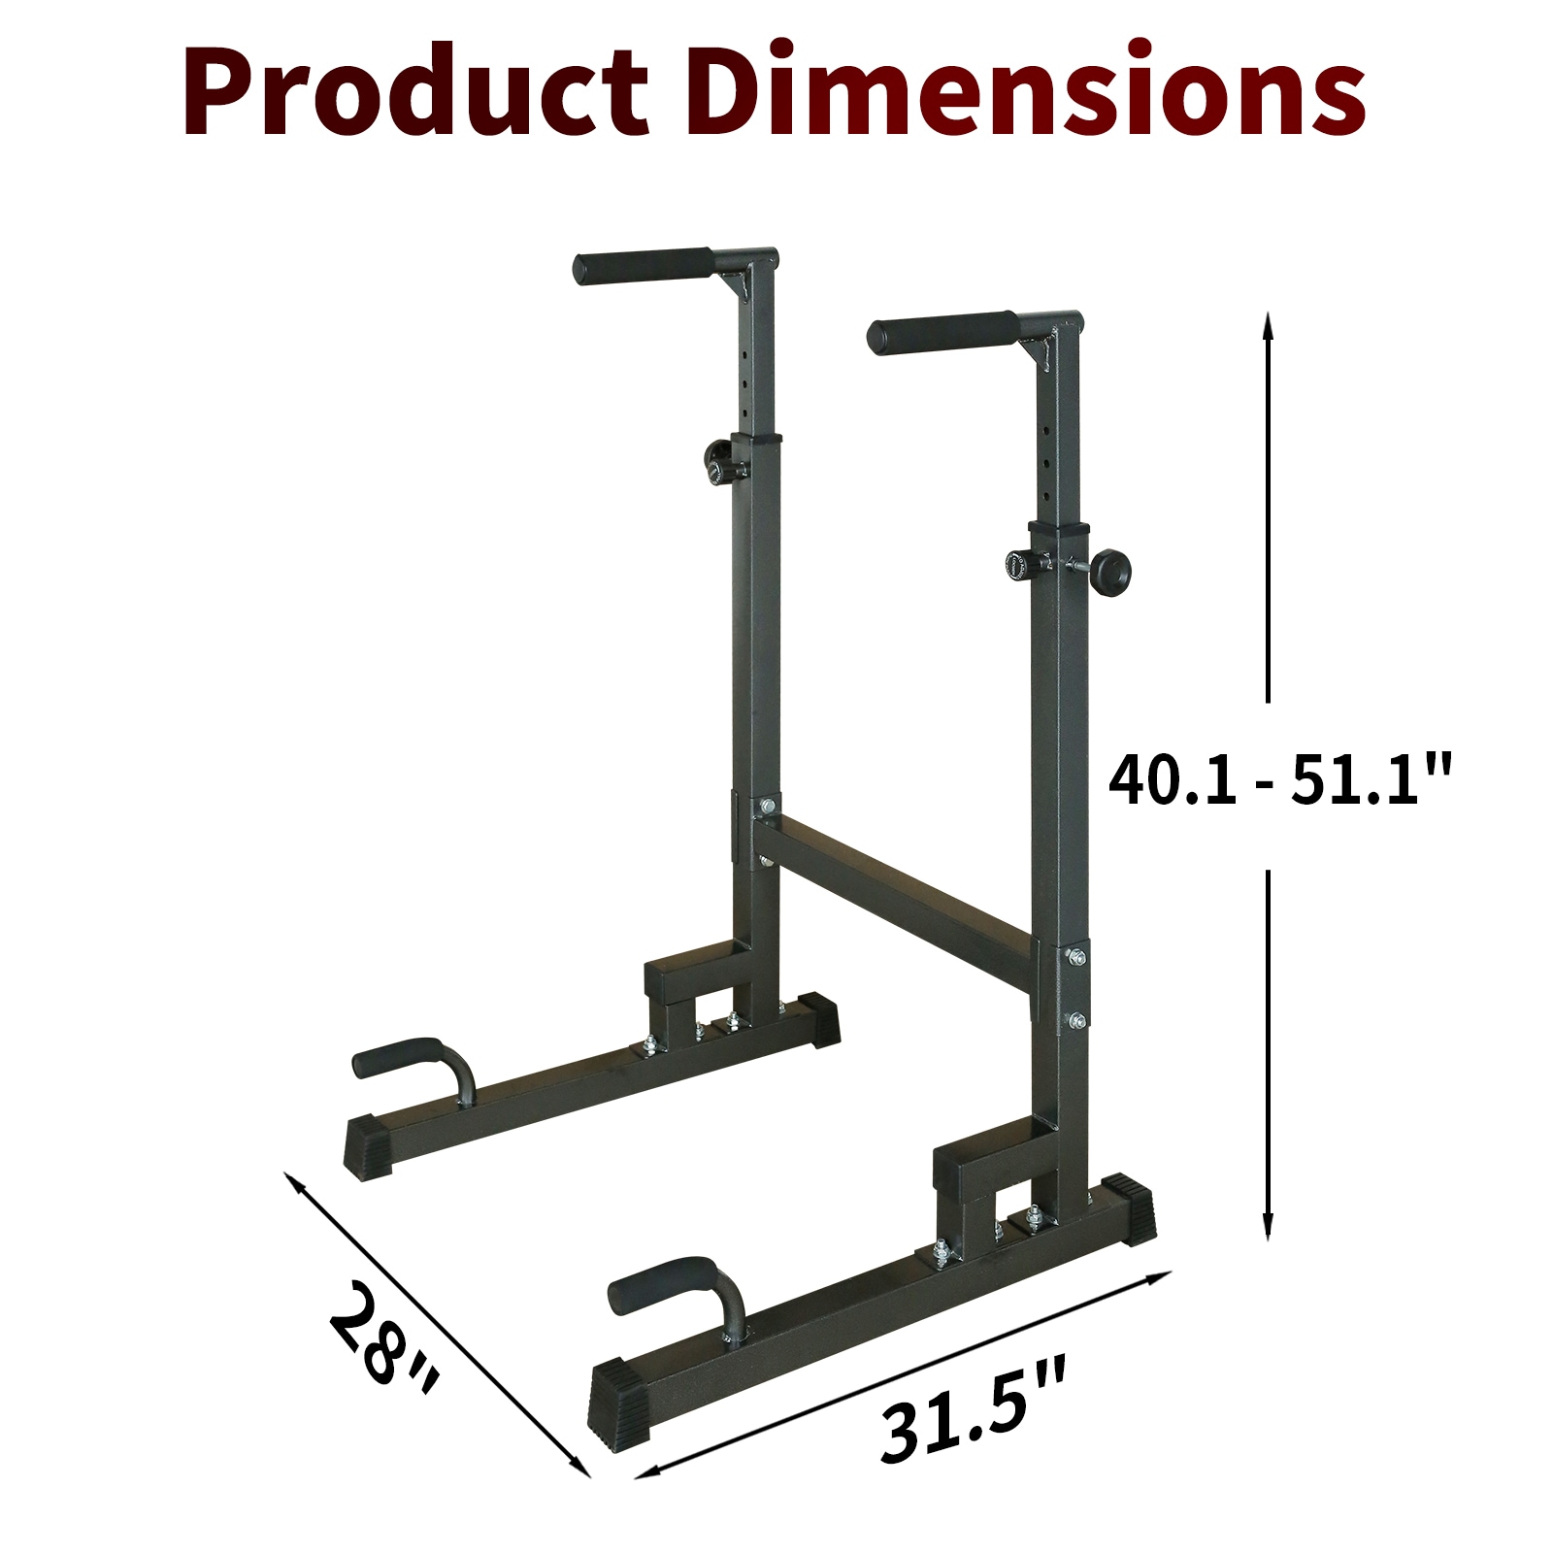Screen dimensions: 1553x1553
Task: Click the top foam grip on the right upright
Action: [940, 335]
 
